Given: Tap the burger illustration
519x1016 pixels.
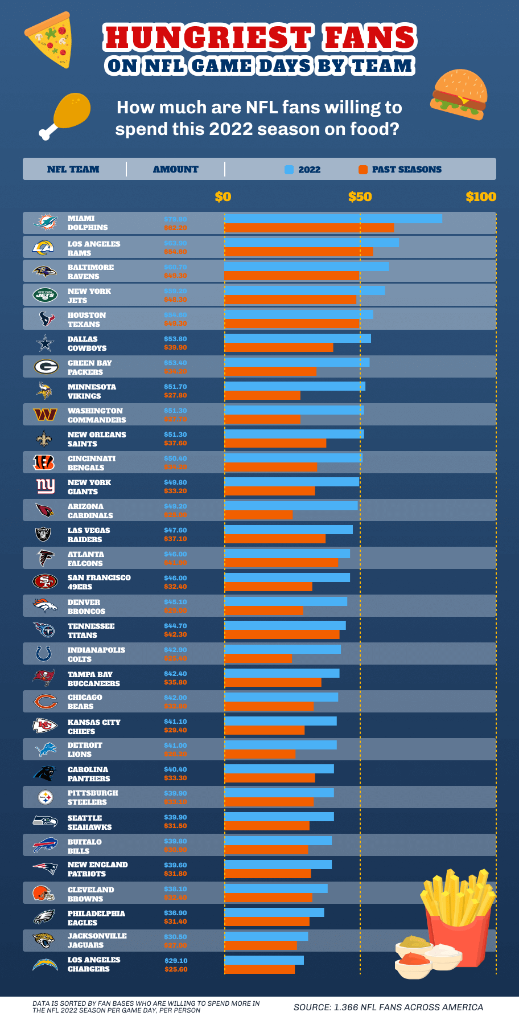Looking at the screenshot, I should (459, 95).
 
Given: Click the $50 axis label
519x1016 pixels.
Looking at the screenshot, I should (360, 197).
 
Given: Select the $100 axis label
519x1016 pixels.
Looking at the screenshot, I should (480, 197).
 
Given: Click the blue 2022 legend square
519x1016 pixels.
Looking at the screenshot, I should (289, 170).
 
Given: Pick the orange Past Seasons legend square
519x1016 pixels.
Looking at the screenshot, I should (363, 170).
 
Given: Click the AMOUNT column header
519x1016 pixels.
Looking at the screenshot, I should (175, 169).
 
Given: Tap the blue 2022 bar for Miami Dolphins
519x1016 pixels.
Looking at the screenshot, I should (333, 219).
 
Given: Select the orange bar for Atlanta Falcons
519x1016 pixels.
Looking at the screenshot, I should (281, 563).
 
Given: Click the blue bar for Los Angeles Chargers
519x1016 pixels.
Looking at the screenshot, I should (264, 960).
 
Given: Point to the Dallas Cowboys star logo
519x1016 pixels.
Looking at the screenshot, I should (45, 343).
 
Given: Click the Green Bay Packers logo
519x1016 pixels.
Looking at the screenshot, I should (45, 367).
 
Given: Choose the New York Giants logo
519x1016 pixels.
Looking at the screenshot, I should (45, 486).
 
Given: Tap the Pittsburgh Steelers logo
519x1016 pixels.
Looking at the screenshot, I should (45, 797).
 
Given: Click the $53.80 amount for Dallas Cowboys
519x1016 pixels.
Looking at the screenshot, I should (175, 339).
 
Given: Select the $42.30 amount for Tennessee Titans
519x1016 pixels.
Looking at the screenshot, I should (175, 635).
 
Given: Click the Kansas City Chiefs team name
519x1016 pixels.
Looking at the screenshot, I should (94, 727).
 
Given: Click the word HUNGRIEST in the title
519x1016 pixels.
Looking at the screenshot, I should (207, 38).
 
